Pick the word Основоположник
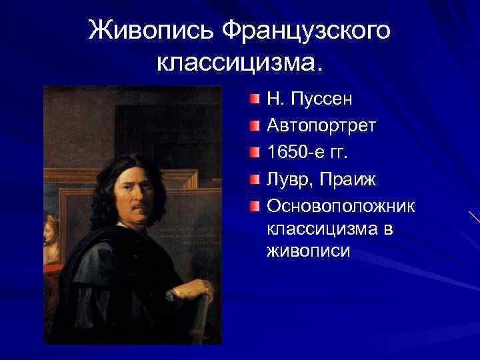341,206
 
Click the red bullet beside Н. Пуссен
256,100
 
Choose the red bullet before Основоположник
256,206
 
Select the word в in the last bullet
389,229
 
